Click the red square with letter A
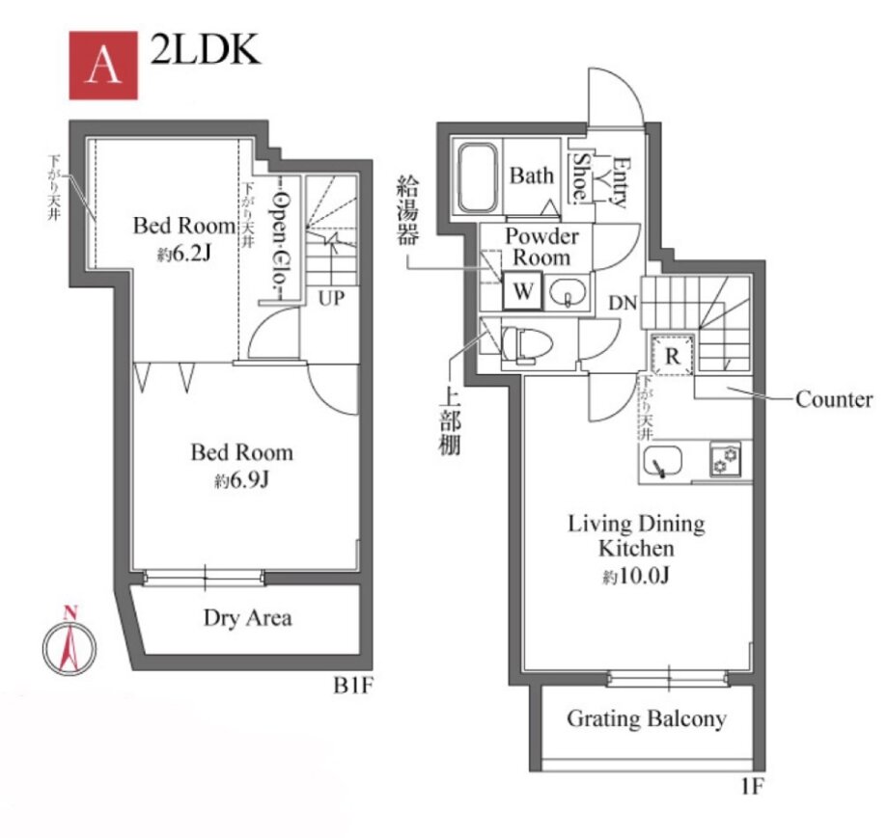[103, 65]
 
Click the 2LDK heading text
[205, 51]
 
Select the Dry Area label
[247, 617]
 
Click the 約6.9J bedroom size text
[240, 479]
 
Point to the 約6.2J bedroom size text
[184, 255]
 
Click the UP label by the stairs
[331, 299]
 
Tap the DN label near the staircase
[622, 303]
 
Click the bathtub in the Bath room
[476, 177]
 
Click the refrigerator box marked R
[672, 354]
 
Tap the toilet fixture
[524, 341]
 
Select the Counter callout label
[834, 399]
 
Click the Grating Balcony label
[646, 718]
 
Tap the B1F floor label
[353, 686]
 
